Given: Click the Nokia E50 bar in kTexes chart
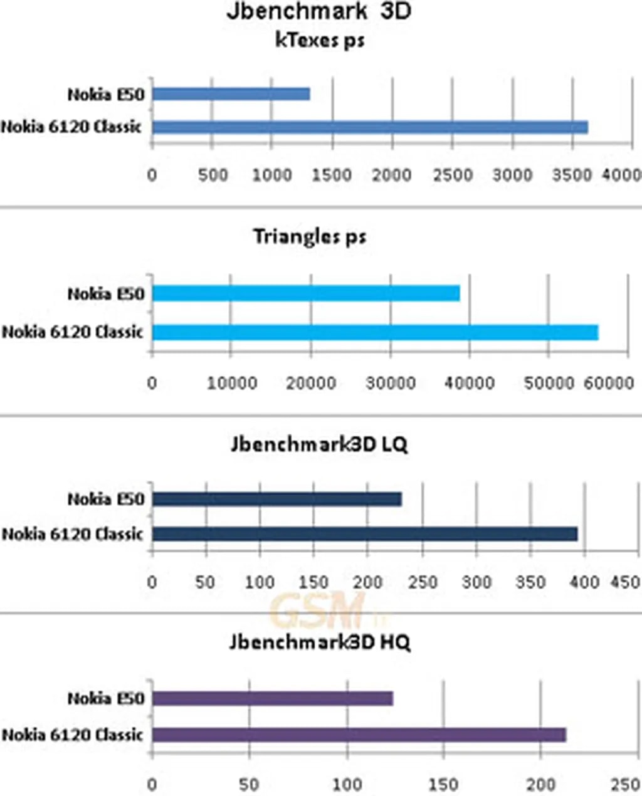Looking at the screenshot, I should [x=231, y=94].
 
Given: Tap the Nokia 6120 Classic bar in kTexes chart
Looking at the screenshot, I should [x=370, y=127].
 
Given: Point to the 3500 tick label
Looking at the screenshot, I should [x=572, y=175].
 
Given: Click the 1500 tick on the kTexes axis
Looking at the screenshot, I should [x=331, y=175].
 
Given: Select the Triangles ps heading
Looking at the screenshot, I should [x=310, y=237].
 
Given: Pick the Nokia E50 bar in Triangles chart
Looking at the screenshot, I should [x=306, y=293].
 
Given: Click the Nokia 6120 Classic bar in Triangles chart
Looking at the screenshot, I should [x=375, y=332].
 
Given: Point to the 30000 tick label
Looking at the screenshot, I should [x=390, y=382].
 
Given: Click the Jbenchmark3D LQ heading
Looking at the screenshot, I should [x=319, y=444].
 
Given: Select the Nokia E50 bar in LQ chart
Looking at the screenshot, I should [x=276, y=499].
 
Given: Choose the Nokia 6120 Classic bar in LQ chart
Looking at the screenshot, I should [x=364, y=534].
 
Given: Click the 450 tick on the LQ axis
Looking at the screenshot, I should [x=625, y=582].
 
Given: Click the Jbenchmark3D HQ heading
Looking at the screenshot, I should [x=319, y=642].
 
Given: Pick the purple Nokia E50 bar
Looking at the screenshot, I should [x=272, y=698].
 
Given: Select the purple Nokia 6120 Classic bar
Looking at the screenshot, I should [x=359, y=735].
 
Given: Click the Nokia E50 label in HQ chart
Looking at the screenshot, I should [x=106, y=698].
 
